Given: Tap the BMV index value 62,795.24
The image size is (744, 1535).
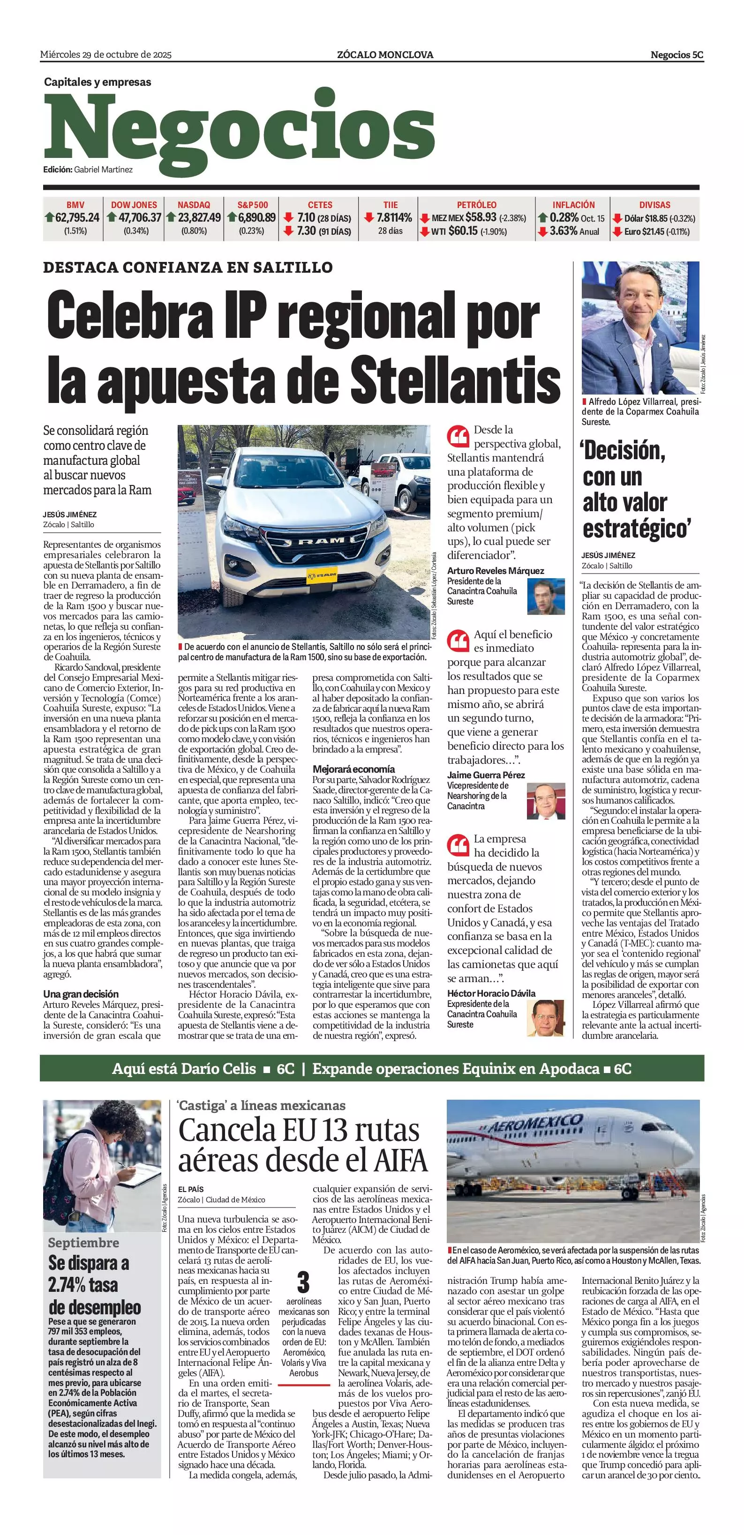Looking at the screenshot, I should pos(77,218).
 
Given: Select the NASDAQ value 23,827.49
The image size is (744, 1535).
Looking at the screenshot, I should pos(199,218).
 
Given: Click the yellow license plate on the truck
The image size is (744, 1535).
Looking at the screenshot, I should pos(321,575).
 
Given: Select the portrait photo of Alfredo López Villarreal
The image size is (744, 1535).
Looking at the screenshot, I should pos(639,327).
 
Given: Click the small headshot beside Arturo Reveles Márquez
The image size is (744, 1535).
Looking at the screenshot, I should pos(546,596).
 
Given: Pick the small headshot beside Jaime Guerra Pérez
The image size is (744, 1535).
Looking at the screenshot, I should pos(546,801).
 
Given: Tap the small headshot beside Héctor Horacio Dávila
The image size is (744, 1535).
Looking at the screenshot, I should pos(546,1018).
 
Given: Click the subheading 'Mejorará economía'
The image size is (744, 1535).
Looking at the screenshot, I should pos(353,769).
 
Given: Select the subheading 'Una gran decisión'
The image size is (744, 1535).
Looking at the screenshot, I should pos(81,994).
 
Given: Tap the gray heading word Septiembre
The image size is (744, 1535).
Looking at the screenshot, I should pos(83,1243).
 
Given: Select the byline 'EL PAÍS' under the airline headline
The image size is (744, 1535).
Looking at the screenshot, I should pos(191,1189).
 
